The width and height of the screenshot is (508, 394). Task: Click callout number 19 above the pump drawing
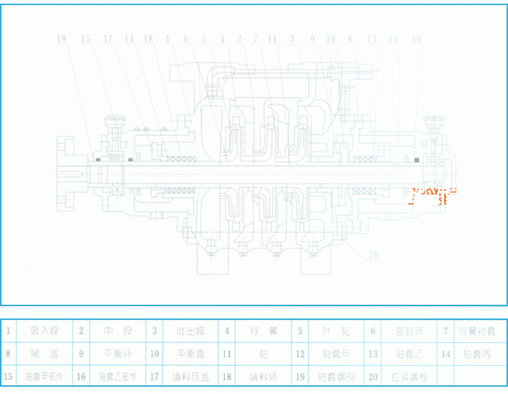pyautogui.click(x=63, y=38)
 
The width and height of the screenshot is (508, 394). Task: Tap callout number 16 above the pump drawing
pyautogui.click(x=417, y=38)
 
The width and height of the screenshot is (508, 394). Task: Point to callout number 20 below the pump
pyautogui.click(x=374, y=254)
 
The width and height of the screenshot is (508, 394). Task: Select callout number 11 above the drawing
pyautogui.click(x=272, y=38)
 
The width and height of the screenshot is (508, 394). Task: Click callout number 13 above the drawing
pyautogui.click(x=371, y=38)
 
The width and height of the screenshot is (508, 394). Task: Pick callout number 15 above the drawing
pyautogui.click(x=85, y=38)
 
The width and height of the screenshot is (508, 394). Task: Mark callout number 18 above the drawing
pyautogui.click(x=148, y=38)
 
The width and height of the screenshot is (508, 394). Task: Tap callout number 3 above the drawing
pyautogui.click(x=291, y=38)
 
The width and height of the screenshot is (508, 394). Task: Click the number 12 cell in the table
pyautogui.click(x=300, y=353)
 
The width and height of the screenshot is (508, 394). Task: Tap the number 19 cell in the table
pyautogui.click(x=300, y=376)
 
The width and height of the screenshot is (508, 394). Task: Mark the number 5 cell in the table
pyautogui.click(x=300, y=331)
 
